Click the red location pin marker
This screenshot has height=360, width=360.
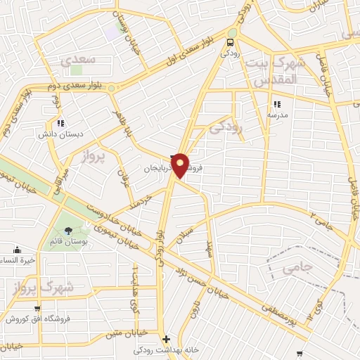click(x=180, y=165)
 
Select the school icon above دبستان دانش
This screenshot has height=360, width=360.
click(x=60, y=122)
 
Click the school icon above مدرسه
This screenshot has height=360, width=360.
click(x=276, y=103)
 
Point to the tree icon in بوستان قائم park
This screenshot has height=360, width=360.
click(x=68, y=231)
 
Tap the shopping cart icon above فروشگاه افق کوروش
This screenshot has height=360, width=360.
click(x=37, y=309)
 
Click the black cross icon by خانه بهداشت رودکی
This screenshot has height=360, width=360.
click(x=166, y=339)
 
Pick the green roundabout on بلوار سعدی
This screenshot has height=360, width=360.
click(x=111, y=88)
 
